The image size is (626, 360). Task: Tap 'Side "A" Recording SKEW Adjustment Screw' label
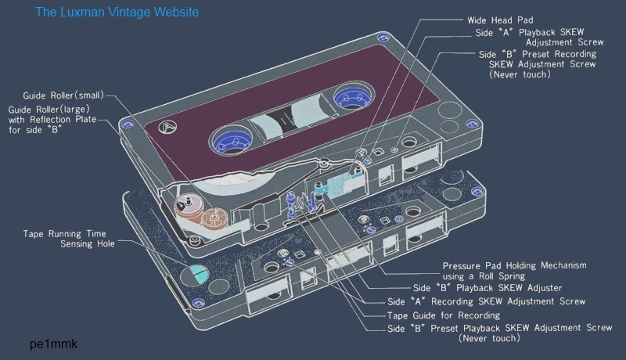click(x=486, y=301)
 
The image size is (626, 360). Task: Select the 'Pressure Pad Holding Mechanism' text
click(x=514, y=265)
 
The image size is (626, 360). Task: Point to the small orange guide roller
click(x=185, y=203)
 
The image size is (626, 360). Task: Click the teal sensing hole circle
click(x=196, y=273)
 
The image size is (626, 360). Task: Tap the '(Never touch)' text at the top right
click(x=520, y=75)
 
